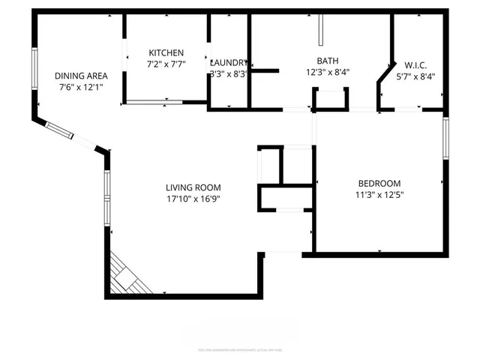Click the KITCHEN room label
click(166, 52)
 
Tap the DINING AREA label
click(81, 76)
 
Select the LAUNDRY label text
click(229, 62)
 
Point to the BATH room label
click(328, 61)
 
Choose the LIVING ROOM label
click(193, 187)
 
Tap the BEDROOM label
click(379, 184)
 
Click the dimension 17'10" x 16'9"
click(193, 199)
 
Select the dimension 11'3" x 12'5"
click(379, 195)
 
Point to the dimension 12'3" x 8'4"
click(328, 73)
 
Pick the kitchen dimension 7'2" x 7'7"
click(166, 64)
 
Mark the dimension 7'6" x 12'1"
click(81, 87)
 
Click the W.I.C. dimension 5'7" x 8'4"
click(415, 75)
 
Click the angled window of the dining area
click(59, 130)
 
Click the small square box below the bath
click(331, 99)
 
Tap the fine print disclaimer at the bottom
click(240, 349)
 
